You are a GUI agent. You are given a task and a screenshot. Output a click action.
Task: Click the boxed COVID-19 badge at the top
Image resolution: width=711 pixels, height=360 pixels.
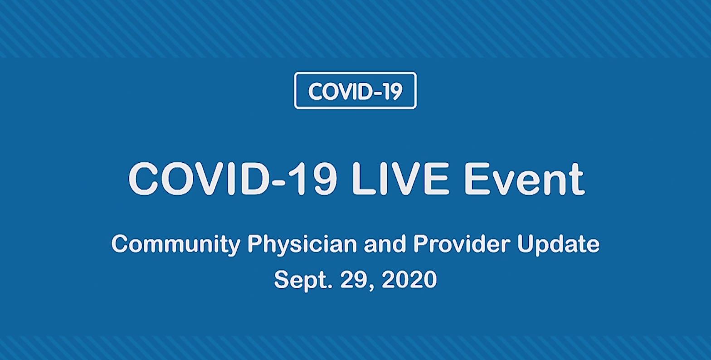coord(355,91)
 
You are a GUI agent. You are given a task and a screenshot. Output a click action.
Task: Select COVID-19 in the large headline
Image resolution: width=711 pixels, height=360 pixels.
coord(232,178)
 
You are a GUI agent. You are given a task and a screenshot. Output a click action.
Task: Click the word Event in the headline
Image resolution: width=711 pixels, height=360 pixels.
coord(524,178)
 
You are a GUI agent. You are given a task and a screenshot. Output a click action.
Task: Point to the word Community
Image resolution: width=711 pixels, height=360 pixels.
coord(176,245)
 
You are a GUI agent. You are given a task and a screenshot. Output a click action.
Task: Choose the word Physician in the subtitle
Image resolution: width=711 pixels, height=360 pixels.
coord(302,245)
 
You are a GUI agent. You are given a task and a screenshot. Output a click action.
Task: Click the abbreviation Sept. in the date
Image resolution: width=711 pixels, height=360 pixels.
coord(303,280)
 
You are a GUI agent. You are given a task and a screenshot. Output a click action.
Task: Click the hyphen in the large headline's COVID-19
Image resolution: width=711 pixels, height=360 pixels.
coord(283,182)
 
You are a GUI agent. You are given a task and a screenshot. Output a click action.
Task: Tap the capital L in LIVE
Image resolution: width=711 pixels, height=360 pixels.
coord(364,178)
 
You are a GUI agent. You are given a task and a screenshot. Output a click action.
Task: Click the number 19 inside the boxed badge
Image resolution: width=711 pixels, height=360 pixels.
coord(393,92)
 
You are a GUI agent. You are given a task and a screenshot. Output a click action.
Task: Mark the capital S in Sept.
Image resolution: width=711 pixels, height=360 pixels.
coord(282,279)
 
